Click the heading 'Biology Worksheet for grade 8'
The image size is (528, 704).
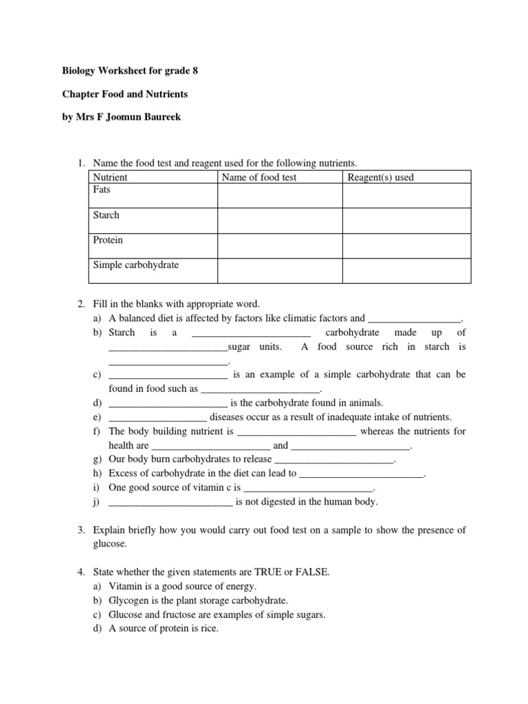pyautogui.click(x=124, y=71)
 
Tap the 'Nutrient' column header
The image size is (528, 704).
pyautogui.click(x=110, y=177)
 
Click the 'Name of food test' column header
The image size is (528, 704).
pyautogui.click(x=259, y=177)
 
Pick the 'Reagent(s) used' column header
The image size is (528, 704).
pyautogui.click(x=381, y=177)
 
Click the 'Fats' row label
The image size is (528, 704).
pyautogui.click(x=102, y=189)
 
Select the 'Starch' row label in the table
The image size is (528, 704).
pyautogui.click(x=106, y=215)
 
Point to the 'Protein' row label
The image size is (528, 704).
pyautogui.click(x=108, y=241)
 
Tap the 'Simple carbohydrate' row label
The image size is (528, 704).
pyautogui.click(x=135, y=265)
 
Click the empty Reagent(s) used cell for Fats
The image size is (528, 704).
pyautogui.click(x=406, y=195)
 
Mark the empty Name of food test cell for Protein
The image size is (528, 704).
pyautogui.click(x=280, y=246)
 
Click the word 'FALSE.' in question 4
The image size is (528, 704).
pyautogui.click(x=313, y=571)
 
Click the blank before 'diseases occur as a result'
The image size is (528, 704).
pyautogui.click(x=157, y=418)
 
